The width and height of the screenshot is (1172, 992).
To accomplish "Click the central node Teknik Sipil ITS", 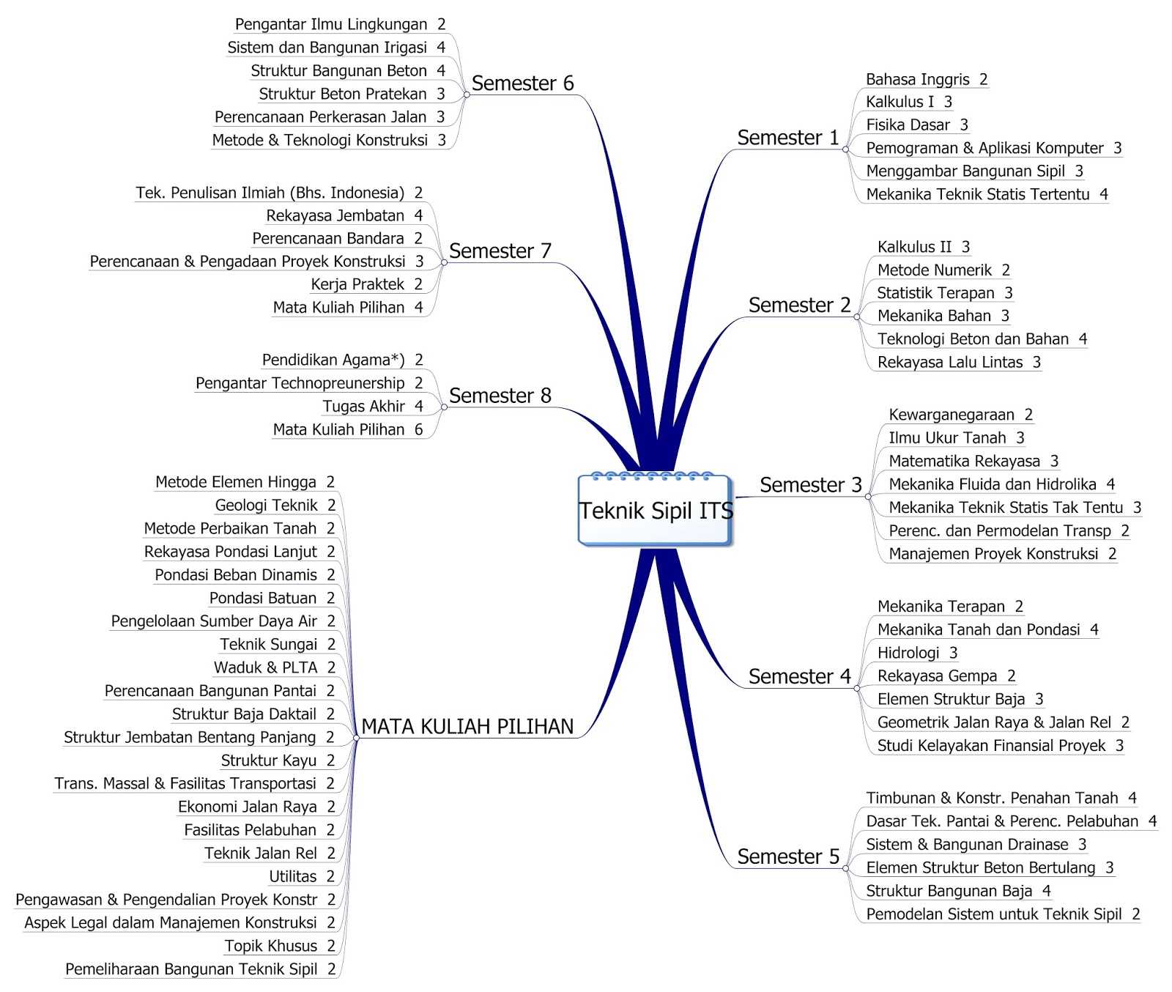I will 656,511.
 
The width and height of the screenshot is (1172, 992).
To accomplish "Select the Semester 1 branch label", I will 787,138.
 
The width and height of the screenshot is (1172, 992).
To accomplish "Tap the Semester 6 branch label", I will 522,84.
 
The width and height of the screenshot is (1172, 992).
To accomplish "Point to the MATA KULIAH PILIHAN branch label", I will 467,727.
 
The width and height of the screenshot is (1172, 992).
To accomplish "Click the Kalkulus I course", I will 908,102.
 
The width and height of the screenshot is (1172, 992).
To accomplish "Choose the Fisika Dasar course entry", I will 916,125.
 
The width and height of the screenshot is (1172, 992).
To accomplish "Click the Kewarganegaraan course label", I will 960,415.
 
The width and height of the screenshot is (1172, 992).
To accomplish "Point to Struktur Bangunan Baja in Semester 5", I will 958,891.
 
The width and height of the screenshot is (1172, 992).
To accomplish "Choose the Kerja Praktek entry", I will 366,284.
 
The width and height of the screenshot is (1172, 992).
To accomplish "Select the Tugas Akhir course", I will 372,406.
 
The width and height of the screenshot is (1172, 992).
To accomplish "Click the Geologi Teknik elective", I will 275,505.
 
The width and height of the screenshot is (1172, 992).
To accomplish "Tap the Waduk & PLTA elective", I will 274,667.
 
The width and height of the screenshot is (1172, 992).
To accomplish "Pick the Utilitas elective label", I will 301,876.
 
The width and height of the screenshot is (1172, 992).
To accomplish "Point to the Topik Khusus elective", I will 279,946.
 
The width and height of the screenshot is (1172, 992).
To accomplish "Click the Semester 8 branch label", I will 500,396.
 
